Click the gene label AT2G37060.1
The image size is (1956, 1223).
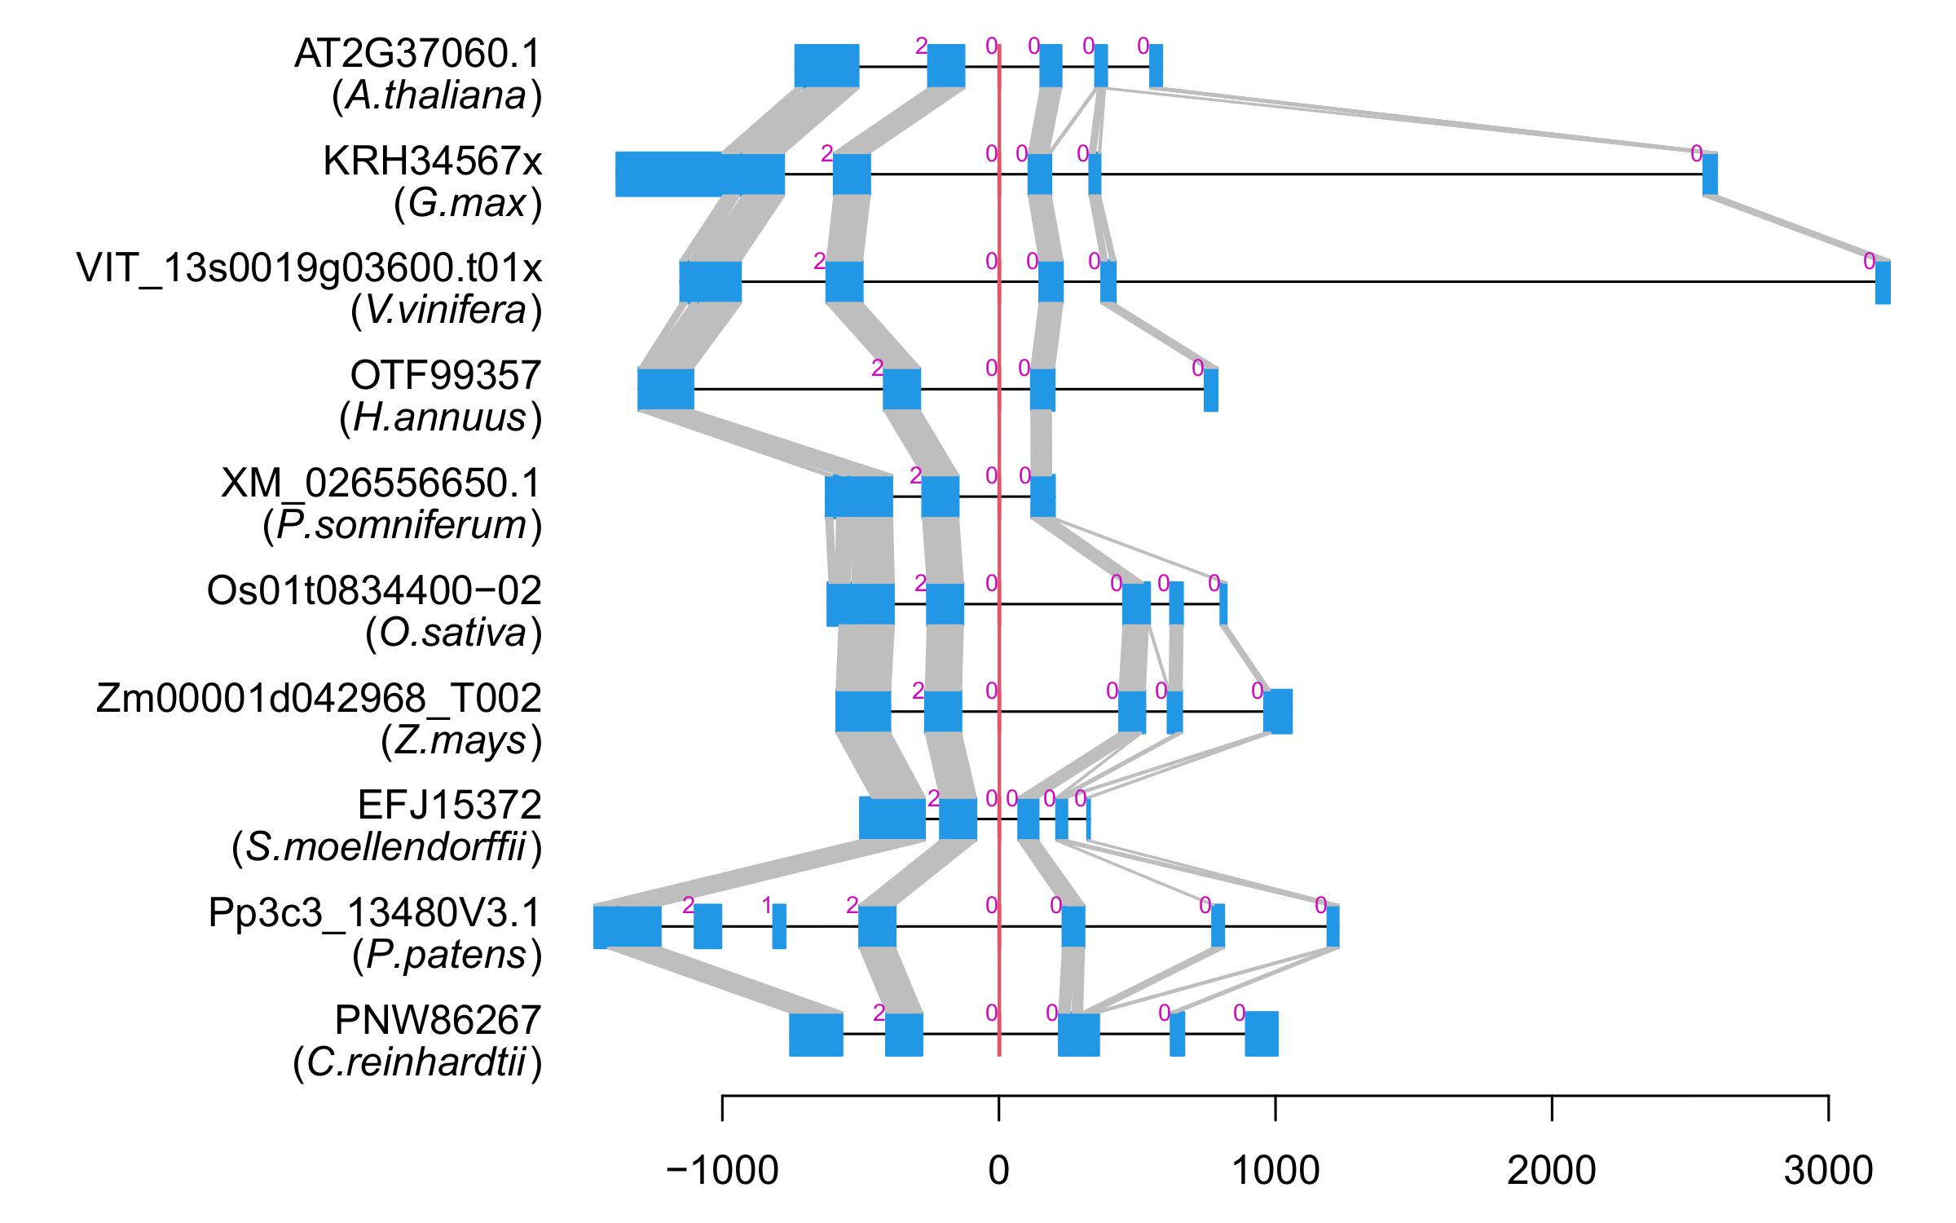(x=417, y=55)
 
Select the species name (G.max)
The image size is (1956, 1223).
(x=467, y=204)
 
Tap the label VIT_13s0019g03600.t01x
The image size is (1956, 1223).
(x=309, y=268)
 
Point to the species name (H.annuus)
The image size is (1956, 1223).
(x=440, y=418)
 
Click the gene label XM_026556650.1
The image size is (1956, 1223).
(x=381, y=483)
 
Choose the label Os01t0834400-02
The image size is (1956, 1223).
(x=374, y=591)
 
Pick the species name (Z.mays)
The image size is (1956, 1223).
(x=460, y=741)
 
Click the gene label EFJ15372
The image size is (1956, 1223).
(x=449, y=806)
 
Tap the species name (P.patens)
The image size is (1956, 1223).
(x=447, y=956)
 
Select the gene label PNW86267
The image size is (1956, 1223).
(x=438, y=1020)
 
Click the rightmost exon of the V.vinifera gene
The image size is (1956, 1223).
(x=1883, y=282)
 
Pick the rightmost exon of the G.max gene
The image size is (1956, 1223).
(x=1710, y=174)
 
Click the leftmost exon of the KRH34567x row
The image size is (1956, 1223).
(x=699, y=174)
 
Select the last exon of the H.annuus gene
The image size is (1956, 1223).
(x=1211, y=390)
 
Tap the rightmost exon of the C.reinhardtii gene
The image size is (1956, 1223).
(x=1261, y=1034)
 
